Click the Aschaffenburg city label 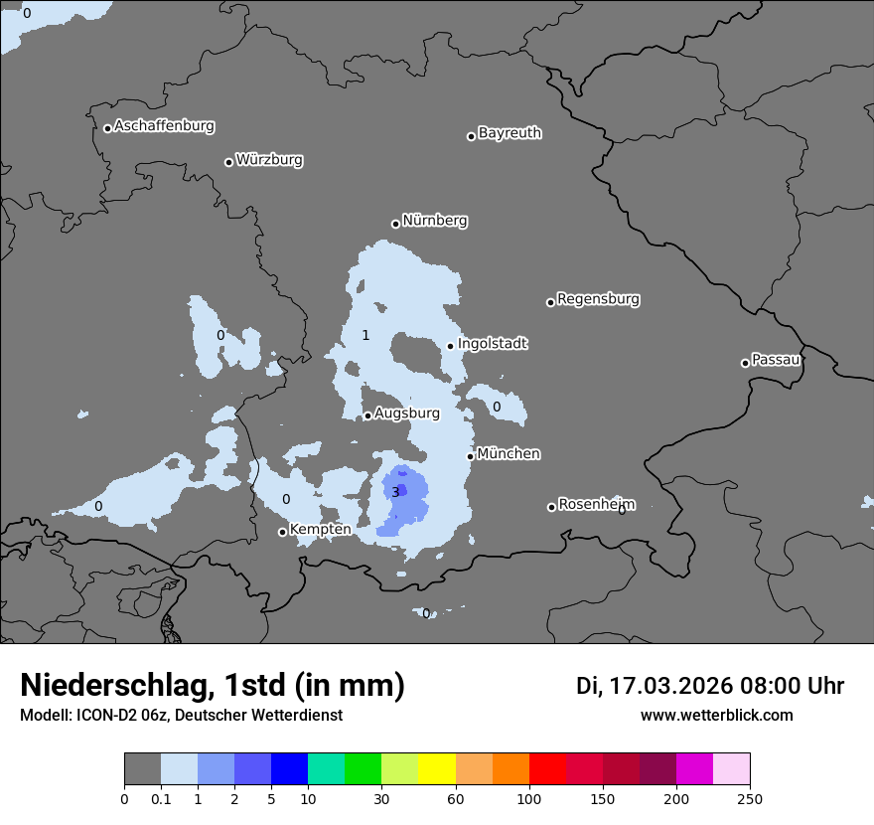164,126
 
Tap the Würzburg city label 269,160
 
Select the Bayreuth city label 510,133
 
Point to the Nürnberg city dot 395,224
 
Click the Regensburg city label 598,299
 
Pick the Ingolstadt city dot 450,346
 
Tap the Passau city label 776,360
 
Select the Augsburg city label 407,412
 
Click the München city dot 470,457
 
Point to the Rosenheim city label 596,504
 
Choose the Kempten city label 320,530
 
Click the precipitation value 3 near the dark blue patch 395,492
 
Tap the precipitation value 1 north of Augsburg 365,335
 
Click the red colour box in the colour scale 547,769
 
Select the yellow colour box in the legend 437,769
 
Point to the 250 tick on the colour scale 750,797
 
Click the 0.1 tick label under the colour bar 161,797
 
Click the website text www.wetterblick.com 716,715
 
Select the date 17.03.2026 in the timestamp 671,686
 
